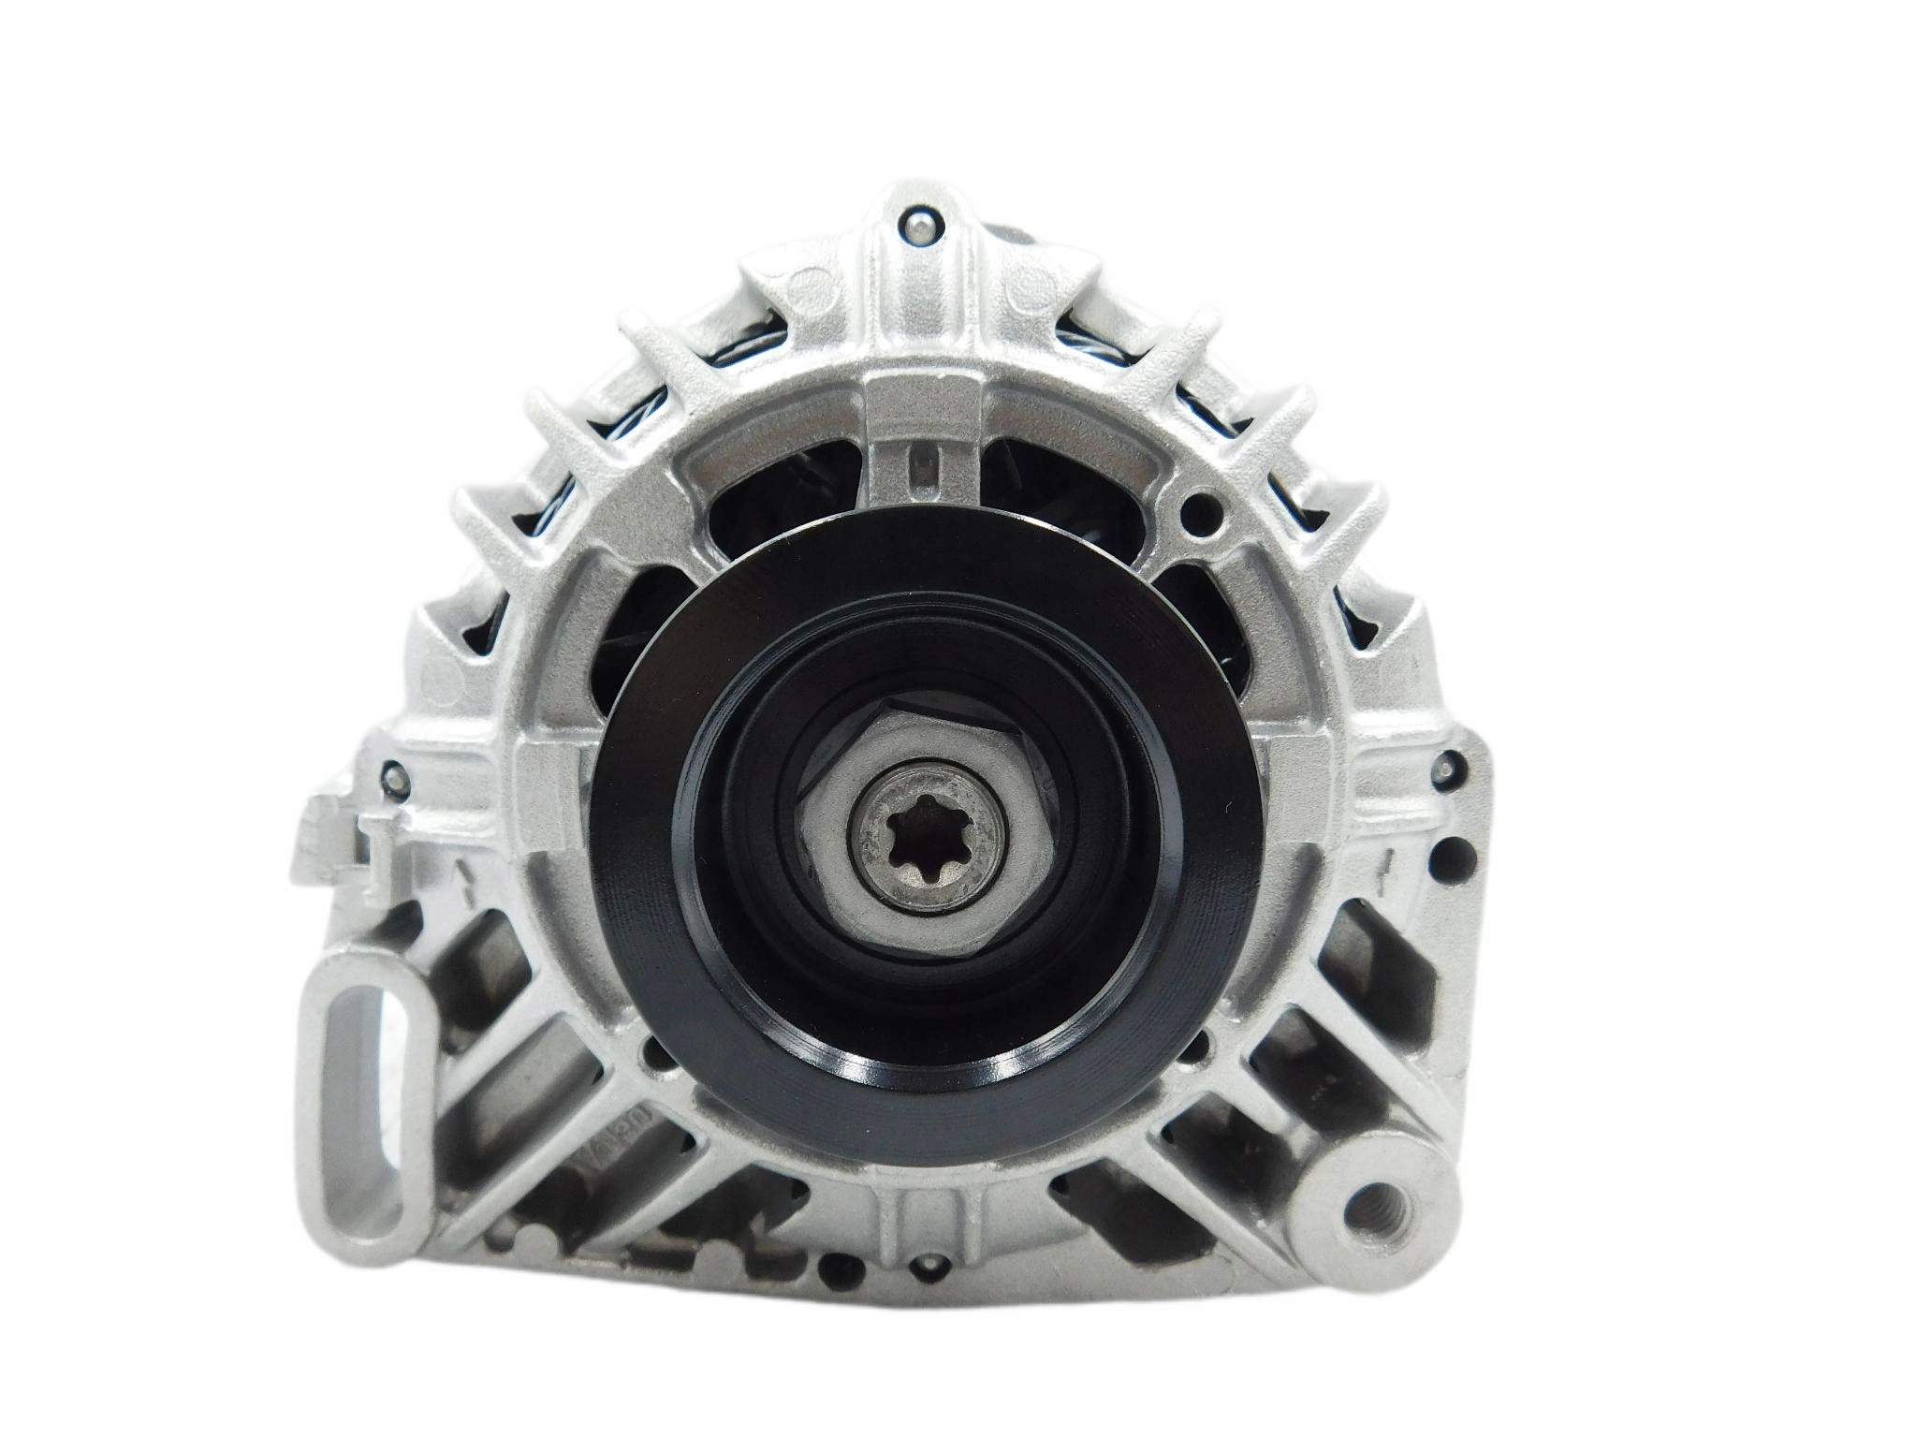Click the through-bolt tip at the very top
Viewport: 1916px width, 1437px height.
pos(916,225)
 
